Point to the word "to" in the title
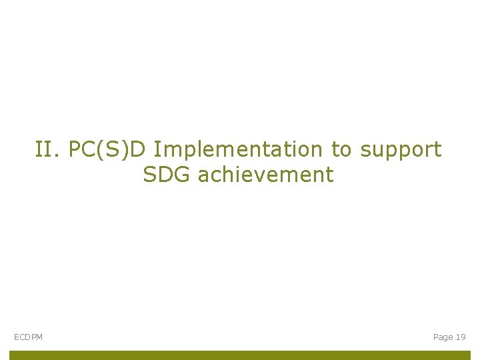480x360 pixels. (341, 149)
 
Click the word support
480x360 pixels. (401, 151)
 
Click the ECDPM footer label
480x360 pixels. (28, 337)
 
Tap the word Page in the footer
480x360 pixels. (443, 337)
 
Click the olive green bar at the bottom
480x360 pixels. (240, 355)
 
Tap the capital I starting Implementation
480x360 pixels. (156, 149)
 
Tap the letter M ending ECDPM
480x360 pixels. (39, 337)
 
